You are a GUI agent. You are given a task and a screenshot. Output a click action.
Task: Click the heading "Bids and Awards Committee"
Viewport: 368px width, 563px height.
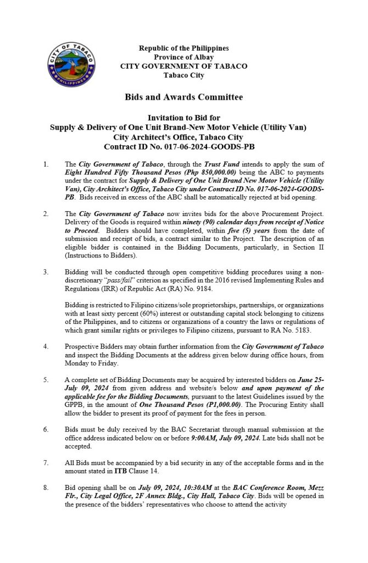point(183,97)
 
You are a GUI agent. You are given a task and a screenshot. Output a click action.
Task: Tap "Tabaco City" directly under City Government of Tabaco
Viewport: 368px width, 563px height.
point(183,74)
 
